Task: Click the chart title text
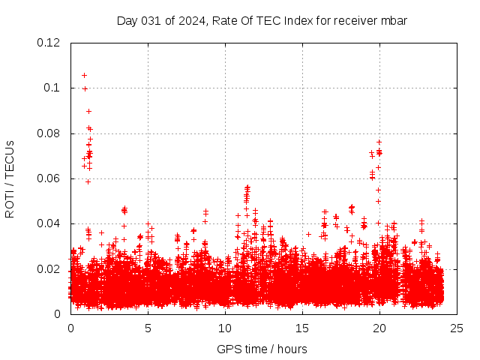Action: pyautogui.click(x=262, y=20)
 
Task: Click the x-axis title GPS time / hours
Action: pyautogui.click(x=262, y=349)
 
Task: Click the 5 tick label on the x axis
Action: pyautogui.click(x=148, y=328)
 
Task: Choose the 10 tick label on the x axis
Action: pyautogui.click(x=225, y=328)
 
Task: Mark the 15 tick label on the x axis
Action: pyautogui.click(x=302, y=328)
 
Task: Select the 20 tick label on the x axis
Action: pyautogui.click(x=379, y=328)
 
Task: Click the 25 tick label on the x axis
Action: pyautogui.click(x=457, y=328)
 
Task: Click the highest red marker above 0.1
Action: pyautogui.click(x=84, y=75)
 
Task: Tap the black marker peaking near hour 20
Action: pyautogui.click(x=379, y=142)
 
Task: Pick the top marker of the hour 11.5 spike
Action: pyautogui.click(x=247, y=187)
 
